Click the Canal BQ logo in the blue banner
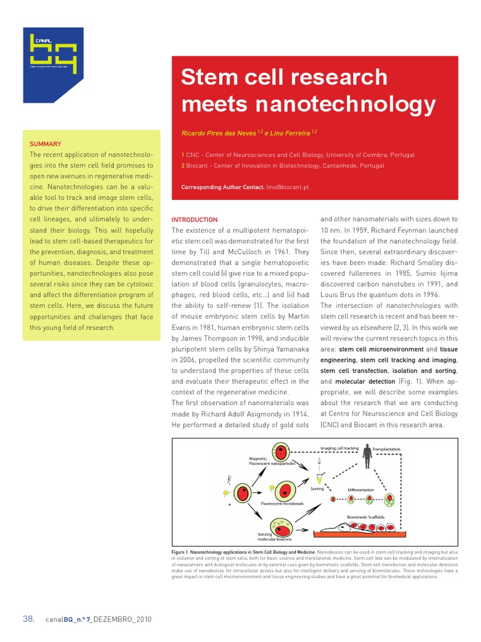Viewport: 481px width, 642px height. [x=53, y=53]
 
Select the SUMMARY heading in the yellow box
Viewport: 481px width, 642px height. [x=45, y=144]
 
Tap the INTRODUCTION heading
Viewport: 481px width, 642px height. [x=194, y=220]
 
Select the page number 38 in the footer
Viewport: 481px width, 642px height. [x=29, y=619]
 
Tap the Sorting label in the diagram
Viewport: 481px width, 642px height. [x=317, y=488]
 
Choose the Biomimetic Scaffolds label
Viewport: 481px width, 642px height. [x=366, y=517]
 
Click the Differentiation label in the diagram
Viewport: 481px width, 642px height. [x=361, y=490]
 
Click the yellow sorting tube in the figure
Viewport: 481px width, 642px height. [x=320, y=476]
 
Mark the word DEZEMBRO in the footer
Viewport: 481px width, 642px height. [x=115, y=619]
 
